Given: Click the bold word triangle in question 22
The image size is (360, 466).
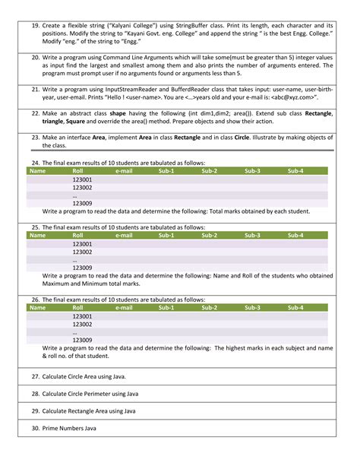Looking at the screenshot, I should [x=54, y=121].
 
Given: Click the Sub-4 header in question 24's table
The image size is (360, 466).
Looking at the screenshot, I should [x=295, y=171].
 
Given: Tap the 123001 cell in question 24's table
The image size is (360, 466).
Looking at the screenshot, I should [x=82, y=179].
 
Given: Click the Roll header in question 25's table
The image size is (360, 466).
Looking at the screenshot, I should [x=77, y=236].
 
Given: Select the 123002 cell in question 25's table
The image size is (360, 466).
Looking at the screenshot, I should [x=82, y=252].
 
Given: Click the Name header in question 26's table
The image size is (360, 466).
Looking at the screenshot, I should [x=37, y=308].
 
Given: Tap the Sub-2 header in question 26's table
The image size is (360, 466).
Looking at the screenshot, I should [x=210, y=308].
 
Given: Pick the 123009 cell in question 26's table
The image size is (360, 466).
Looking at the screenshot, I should [x=82, y=340].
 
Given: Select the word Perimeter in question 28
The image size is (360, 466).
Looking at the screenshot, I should [x=99, y=394].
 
